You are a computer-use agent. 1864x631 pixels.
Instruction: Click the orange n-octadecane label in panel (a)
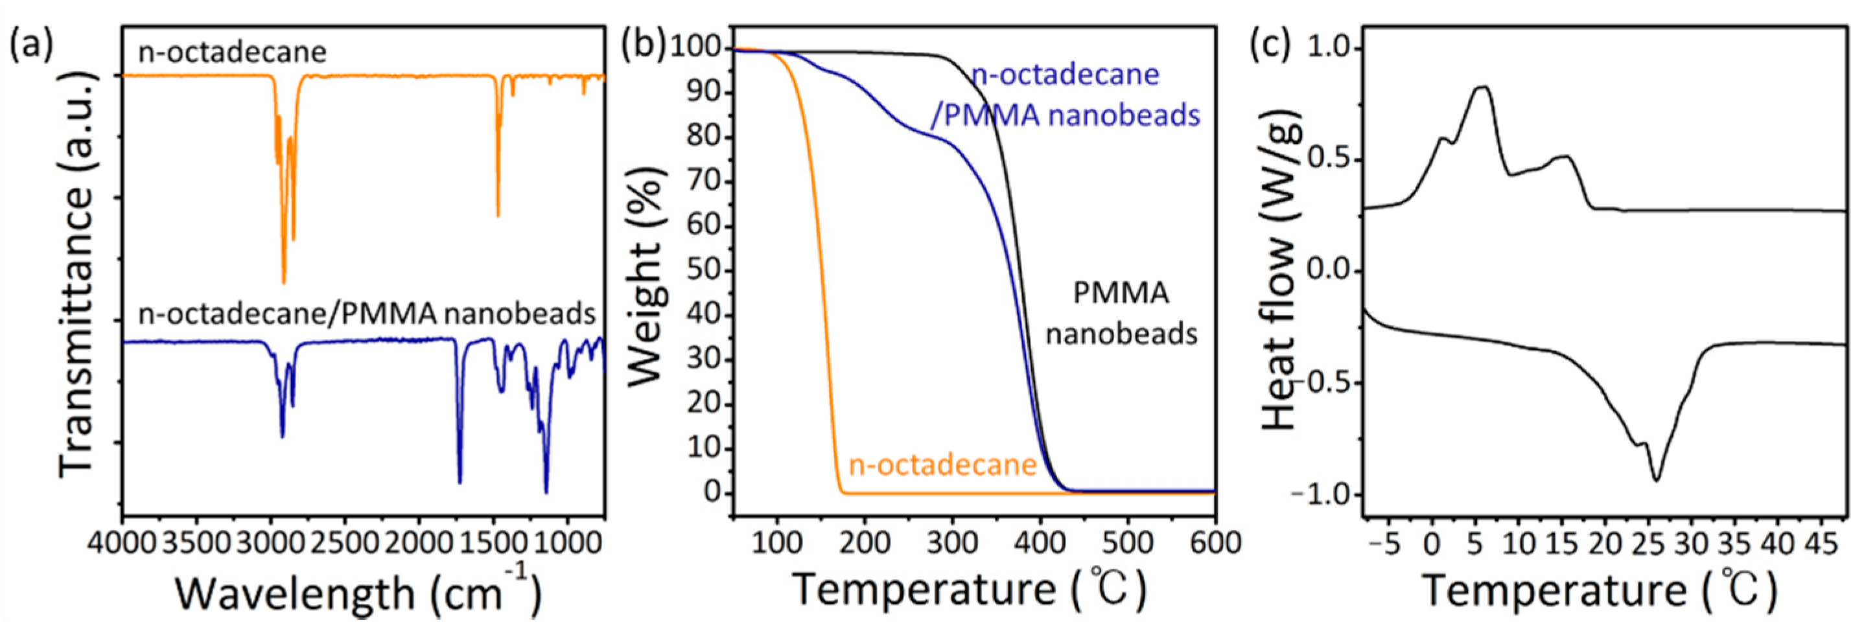point(232,52)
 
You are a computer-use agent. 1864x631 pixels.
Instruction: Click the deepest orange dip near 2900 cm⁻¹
point(284,282)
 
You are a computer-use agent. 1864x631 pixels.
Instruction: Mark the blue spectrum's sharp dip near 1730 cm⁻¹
point(460,481)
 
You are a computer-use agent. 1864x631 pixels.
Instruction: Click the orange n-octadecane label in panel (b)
point(942,465)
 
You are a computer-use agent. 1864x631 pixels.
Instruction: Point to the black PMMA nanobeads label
point(1121,314)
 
